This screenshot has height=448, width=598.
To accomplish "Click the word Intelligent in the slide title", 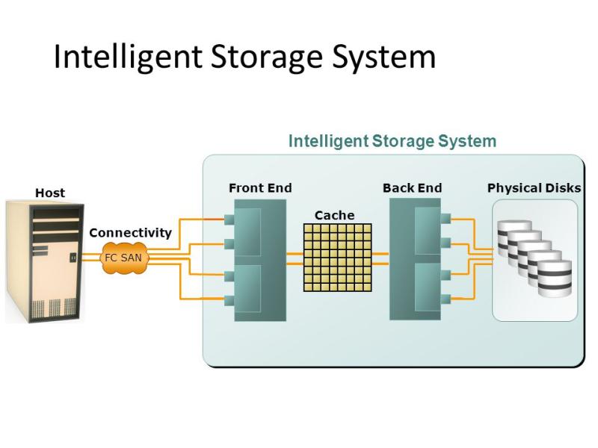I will [123, 57].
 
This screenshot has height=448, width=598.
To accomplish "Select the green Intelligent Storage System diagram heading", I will [392, 141].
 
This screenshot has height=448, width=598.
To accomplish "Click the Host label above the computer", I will [50, 193].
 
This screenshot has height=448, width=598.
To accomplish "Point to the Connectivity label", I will [130, 232].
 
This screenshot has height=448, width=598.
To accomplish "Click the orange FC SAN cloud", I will [122, 258].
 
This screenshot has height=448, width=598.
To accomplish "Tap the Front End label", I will [260, 187].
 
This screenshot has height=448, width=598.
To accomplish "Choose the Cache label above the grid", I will [334, 215].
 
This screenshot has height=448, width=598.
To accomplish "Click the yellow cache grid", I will [337, 257].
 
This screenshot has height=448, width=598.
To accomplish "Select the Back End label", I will [412, 187].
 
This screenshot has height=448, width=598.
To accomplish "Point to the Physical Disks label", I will [534, 187].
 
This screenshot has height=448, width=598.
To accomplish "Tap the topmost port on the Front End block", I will [229, 220].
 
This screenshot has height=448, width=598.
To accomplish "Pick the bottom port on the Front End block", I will [229, 300].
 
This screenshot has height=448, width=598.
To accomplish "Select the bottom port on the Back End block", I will [446, 299].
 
